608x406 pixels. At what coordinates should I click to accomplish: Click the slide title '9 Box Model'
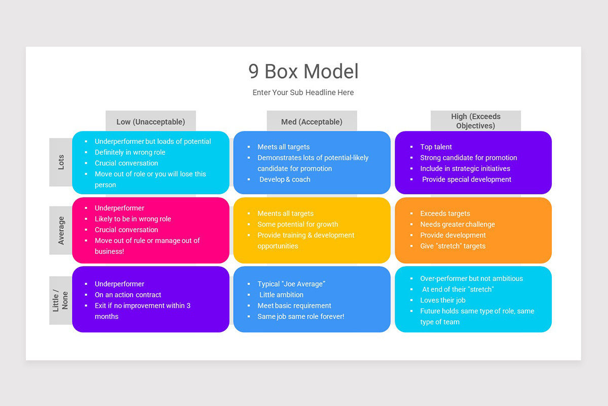(303, 72)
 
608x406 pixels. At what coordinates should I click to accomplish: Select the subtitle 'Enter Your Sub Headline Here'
(303, 92)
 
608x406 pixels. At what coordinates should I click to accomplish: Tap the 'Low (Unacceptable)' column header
(150, 122)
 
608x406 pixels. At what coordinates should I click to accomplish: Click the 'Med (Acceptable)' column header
(312, 122)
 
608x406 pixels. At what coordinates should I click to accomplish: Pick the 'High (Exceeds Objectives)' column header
(475, 121)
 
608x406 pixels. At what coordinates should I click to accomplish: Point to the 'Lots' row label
(61, 162)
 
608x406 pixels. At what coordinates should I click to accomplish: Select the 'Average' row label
(61, 230)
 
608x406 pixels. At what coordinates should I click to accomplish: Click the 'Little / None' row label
(61, 300)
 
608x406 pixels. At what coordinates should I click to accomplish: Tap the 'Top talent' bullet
(436, 147)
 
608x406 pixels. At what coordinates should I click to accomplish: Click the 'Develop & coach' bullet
(285, 179)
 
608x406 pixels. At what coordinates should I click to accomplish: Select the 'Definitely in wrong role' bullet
(130, 152)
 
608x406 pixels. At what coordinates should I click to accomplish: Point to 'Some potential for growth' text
(297, 224)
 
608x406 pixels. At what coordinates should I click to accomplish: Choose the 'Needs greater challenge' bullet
(457, 224)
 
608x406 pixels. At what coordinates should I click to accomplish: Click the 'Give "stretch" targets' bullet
(452, 246)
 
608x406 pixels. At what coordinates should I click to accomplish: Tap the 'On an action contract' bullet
(128, 295)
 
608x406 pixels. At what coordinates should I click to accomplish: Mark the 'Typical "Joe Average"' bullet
(291, 284)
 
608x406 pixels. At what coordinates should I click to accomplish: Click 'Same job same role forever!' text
(300, 316)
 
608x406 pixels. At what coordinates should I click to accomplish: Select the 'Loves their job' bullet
(442, 300)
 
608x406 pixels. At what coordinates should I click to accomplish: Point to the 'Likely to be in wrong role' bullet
(133, 219)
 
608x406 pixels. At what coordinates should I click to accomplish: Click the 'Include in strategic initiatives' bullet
(465, 168)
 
